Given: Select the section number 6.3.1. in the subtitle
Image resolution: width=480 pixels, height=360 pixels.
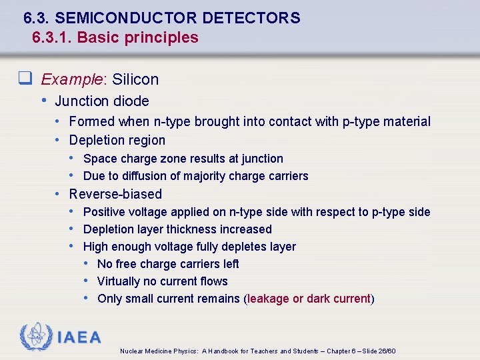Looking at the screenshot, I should point(52,37).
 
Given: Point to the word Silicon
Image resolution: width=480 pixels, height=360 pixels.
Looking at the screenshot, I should point(135,79).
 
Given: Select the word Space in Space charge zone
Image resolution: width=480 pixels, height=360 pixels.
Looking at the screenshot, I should point(99,159).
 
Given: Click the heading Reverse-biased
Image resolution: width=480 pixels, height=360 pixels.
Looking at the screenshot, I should point(115,194).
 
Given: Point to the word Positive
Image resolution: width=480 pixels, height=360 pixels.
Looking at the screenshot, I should point(105,212).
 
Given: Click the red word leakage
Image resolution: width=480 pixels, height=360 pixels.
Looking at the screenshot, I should point(269,299).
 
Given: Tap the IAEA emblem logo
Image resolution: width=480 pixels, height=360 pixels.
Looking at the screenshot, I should point(36,337).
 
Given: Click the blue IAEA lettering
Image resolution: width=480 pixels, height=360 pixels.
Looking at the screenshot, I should point(79,337).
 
